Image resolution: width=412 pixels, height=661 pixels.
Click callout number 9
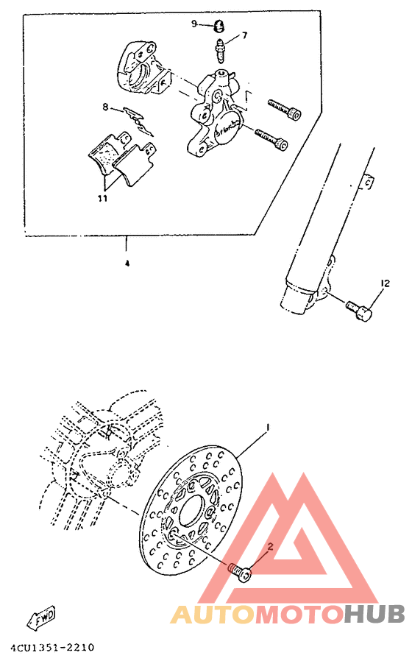point(195,24)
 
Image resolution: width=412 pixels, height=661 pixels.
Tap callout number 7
point(244,35)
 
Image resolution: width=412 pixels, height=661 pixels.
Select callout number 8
point(105,107)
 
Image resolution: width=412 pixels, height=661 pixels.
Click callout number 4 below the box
point(127,263)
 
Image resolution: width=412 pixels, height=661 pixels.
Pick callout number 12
point(384,283)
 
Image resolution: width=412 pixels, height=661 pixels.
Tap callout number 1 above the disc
point(269,428)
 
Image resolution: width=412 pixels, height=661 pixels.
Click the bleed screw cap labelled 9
point(219,26)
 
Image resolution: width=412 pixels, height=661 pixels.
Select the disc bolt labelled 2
point(239,570)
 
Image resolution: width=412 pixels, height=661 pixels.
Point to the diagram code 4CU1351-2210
point(52,648)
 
